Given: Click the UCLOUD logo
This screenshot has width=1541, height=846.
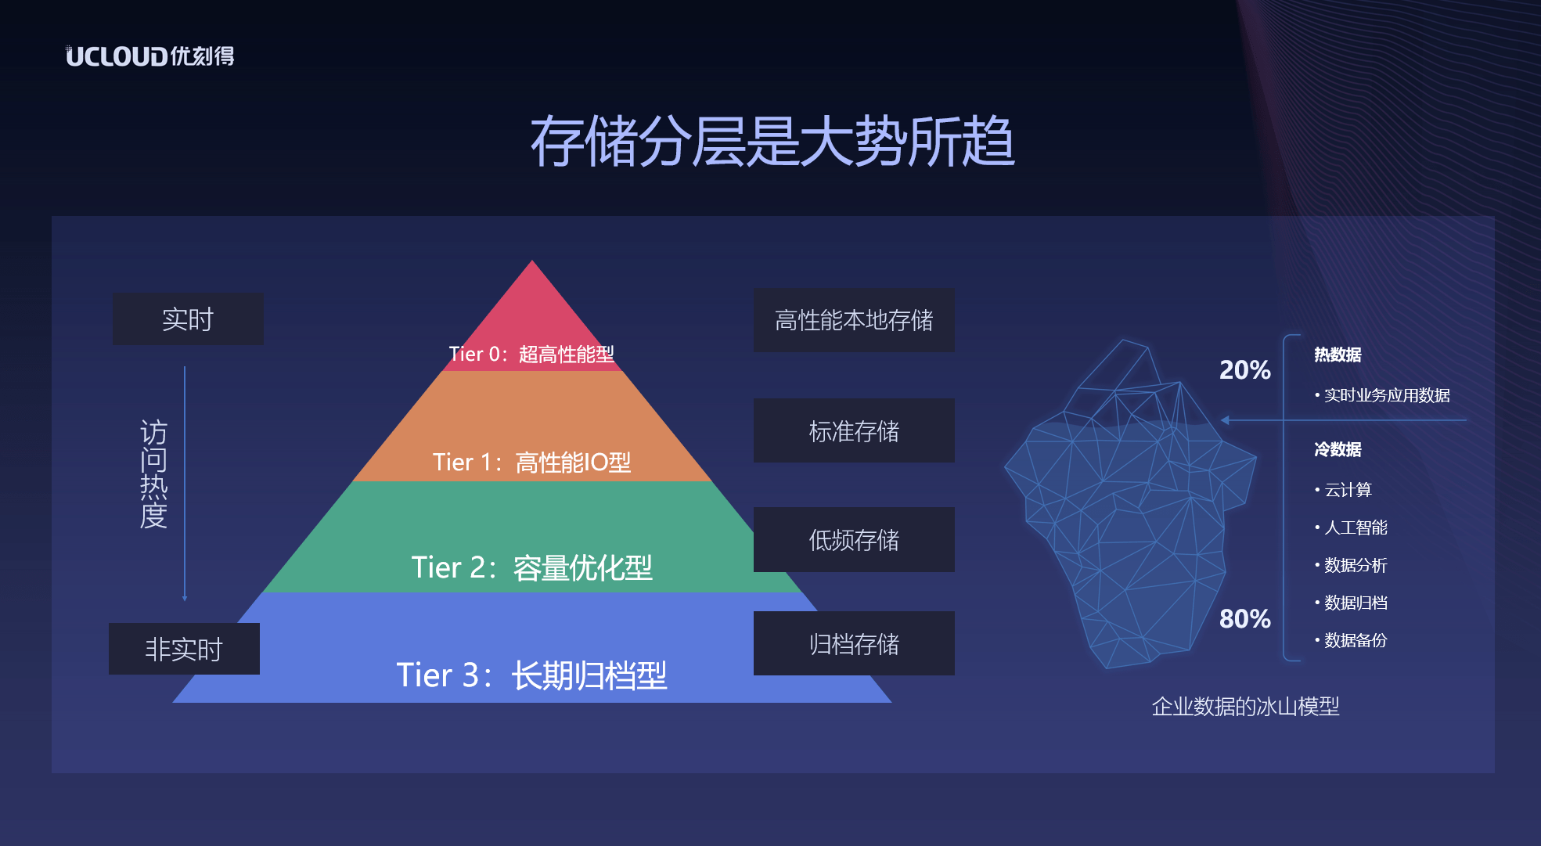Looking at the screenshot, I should click(x=149, y=56).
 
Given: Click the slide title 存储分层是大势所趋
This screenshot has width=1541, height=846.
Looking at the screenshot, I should click(x=772, y=142).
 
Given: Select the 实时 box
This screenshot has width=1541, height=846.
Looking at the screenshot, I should click(x=188, y=319).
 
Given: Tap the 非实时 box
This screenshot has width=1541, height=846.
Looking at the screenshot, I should click(x=184, y=649).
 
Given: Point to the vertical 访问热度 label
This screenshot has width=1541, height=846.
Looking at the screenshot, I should click(x=153, y=474).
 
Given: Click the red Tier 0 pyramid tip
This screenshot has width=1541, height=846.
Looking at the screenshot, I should click(x=532, y=313).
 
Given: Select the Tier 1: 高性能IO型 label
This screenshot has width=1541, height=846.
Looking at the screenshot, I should click(x=532, y=463).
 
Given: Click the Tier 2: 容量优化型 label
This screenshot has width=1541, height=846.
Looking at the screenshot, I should click(x=532, y=567).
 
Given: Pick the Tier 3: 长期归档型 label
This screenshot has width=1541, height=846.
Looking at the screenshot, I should click(x=532, y=675).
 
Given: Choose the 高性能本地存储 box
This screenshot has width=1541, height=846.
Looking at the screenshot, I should click(x=854, y=320).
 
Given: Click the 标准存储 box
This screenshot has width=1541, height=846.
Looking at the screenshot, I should click(x=854, y=431).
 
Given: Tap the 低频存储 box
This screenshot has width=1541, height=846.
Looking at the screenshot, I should click(x=854, y=540).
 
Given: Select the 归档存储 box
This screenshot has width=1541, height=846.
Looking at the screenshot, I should click(x=854, y=644).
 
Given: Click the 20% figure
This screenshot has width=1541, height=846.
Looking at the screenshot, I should click(x=1244, y=370).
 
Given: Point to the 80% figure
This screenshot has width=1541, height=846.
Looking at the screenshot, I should click(x=1244, y=619).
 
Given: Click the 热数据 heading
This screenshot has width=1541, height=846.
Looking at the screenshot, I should click(x=1338, y=355).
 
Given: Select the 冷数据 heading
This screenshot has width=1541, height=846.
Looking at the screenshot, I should click(x=1338, y=449).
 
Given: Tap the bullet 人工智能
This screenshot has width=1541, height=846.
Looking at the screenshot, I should click(x=1355, y=527).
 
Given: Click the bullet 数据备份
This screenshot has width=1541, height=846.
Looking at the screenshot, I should click(x=1355, y=640).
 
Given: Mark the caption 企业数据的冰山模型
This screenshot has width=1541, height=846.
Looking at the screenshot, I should click(x=1245, y=707).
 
